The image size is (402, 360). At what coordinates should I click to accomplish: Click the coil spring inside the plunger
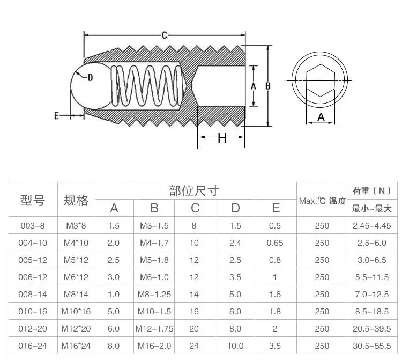(x=147, y=86)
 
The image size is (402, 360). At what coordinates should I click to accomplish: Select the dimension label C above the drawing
(x=165, y=35)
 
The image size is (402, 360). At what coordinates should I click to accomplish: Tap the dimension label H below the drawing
(x=222, y=138)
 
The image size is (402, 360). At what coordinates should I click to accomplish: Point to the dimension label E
(x=56, y=116)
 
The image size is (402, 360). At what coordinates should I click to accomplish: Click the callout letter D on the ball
(x=90, y=77)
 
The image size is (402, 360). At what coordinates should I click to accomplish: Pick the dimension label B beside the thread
(x=268, y=86)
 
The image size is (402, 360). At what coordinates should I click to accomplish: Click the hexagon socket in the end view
(x=321, y=80)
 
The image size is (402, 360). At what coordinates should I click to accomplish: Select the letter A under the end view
(x=321, y=117)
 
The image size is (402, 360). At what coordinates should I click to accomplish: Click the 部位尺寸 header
(x=194, y=191)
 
